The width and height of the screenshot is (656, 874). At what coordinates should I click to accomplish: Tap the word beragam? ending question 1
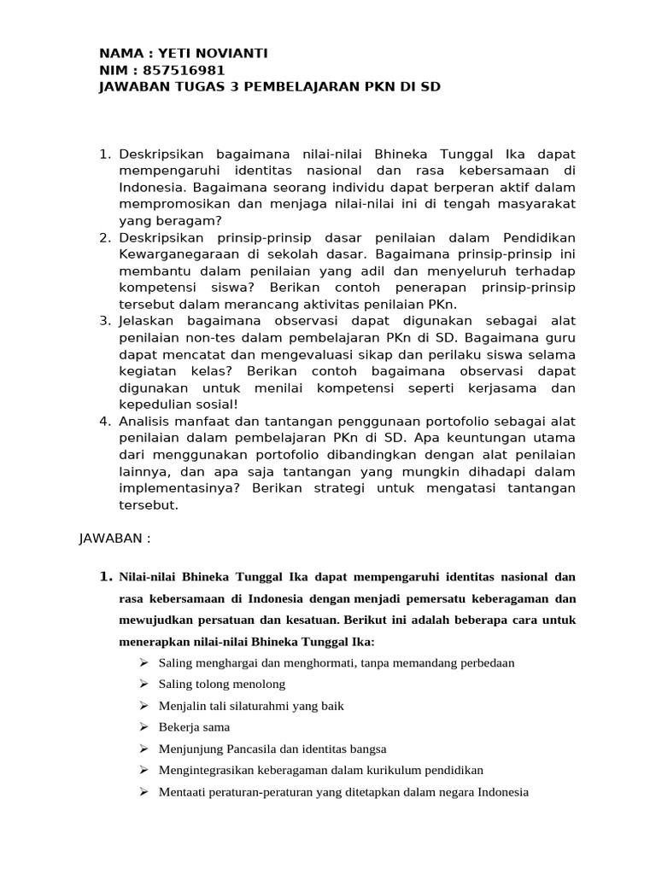[183, 220]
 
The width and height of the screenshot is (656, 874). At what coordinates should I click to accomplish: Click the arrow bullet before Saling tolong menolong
[143, 684]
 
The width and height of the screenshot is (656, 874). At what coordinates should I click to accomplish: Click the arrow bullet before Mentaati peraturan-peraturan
[143, 791]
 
